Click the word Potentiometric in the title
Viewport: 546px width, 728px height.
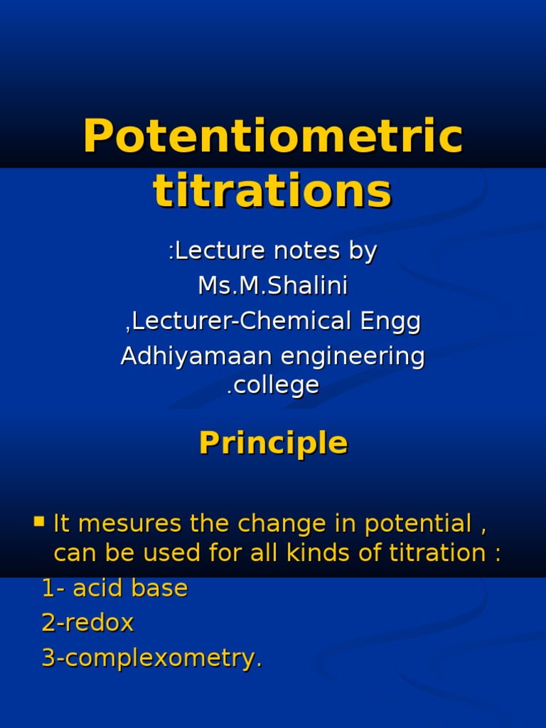(273, 138)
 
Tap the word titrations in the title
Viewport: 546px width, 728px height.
(273, 192)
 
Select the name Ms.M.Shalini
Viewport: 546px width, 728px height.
(273, 286)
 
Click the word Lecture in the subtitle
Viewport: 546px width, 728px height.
(211, 251)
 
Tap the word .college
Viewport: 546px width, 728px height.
(273, 385)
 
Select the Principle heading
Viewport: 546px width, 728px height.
(273, 443)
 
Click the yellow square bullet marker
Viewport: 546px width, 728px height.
(39, 523)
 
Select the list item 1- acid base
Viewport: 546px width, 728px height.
(114, 589)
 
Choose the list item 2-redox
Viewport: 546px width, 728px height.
(87, 623)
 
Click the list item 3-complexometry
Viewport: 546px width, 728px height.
(151, 659)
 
